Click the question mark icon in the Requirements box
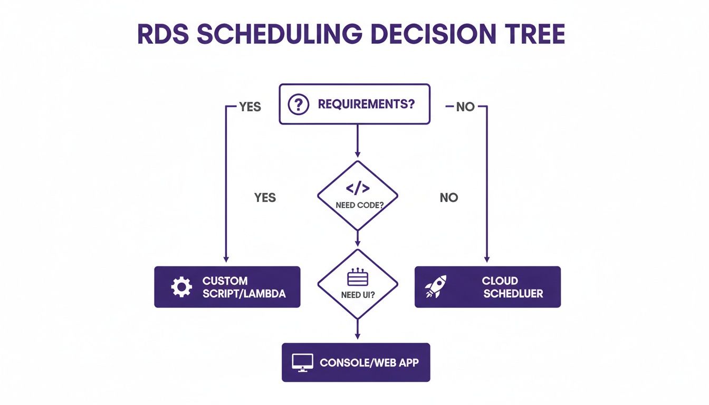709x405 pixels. coord(298,104)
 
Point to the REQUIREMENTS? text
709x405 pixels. coord(366,104)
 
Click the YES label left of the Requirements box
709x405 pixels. coord(250,107)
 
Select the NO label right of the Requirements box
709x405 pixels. coord(465,107)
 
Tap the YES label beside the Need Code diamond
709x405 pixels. coord(265,197)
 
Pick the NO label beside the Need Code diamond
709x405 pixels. coord(449,197)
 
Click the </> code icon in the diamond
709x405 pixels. coord(358,189)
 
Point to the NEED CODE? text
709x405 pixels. coord(358,205)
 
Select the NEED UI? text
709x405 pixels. coord(358,295)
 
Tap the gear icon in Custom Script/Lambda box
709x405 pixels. coord(181,287)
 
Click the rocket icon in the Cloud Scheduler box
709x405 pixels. coord(436,286)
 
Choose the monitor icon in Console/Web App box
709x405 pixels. coord(303,363)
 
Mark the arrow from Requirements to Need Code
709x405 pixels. coord(358,140)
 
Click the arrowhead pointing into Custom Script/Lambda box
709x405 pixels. coord(226,258)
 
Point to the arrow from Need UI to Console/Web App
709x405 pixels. coord(358,330)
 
